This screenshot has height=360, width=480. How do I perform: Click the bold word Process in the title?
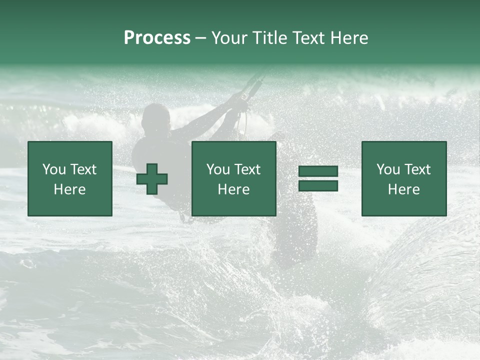[157, 38]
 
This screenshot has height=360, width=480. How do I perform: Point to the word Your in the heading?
[230, 38]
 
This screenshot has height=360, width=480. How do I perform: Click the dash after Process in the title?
[201, 38]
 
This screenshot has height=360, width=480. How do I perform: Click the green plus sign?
[152, 179]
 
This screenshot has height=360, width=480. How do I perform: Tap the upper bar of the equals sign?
[318, 171]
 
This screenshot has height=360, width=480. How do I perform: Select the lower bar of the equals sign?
[318, 185]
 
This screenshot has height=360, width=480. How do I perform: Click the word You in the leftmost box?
[54, 169]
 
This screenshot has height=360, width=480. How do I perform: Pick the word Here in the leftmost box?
[70, 189]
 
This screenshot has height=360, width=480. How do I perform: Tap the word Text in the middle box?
[247, 169]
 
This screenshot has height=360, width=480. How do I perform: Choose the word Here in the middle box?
[234, 189]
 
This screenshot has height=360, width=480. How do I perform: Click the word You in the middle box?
[218, 169]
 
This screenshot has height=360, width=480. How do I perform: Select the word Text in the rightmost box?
[417, 169]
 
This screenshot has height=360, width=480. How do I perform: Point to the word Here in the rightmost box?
[404, 189]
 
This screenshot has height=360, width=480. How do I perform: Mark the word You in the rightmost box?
[388, 169]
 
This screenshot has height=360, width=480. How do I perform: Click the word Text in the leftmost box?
[83, 169]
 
